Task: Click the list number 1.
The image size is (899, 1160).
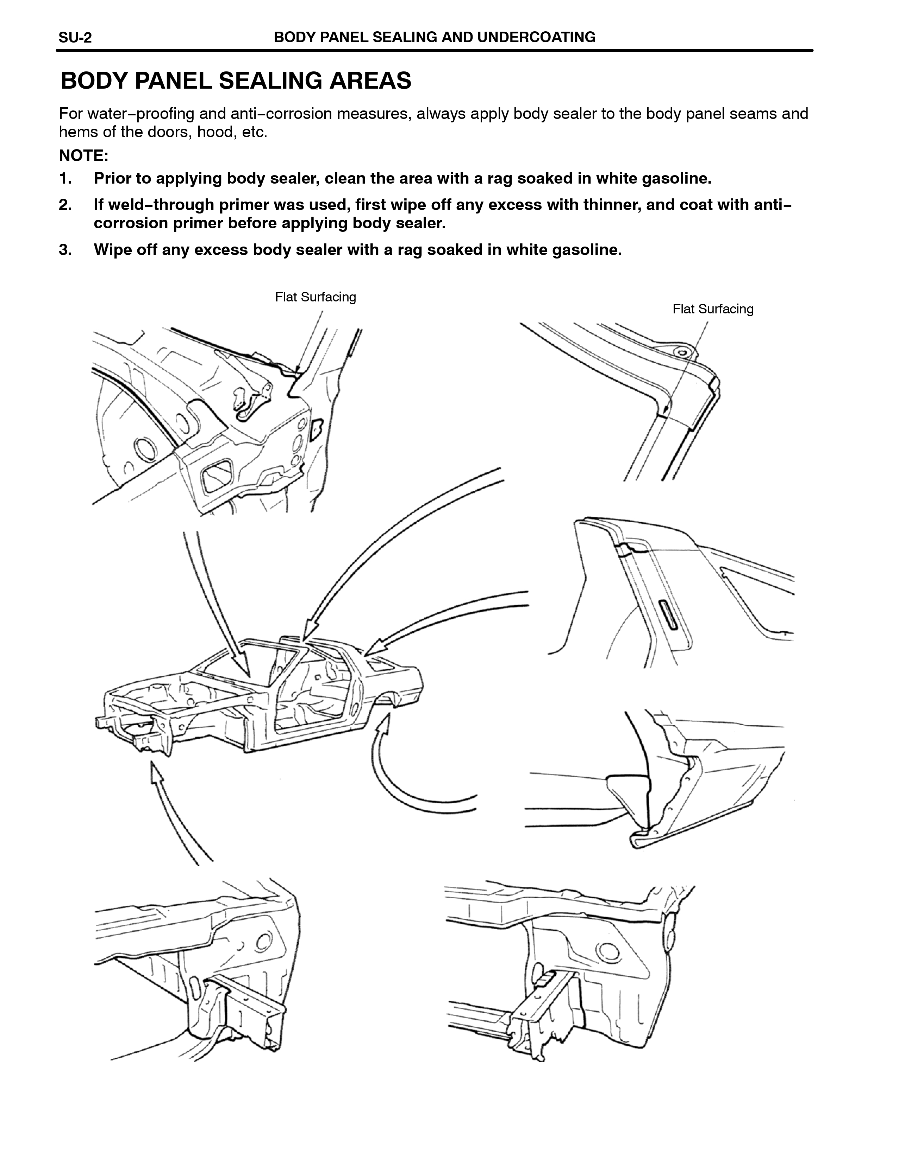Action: point(65,178)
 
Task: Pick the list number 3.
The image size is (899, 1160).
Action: point(65,250)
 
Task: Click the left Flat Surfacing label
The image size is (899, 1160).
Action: point(315,297)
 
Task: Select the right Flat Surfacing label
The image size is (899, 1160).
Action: point(713,309)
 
